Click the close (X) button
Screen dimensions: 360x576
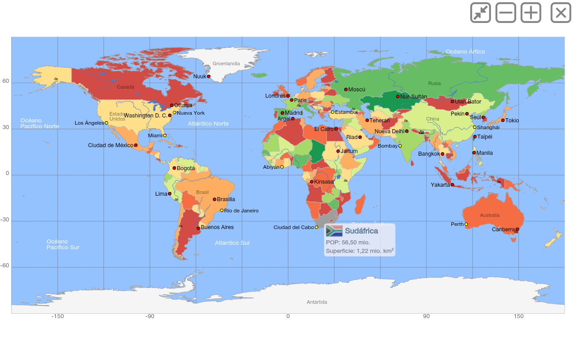point(561,13)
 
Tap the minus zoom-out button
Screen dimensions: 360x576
point(506,13)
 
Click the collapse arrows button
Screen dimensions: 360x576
point(481,13)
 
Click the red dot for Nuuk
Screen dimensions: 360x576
point(209,76)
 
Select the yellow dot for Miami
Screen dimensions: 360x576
point(165,135)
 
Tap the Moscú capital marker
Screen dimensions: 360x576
point(346,90)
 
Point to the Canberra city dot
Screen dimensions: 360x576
point(517,229)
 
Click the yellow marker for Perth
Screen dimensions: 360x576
point(466,224)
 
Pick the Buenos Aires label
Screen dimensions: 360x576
point(217,227)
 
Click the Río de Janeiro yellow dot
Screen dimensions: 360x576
point(222,210)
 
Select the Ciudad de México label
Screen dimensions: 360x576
point(111,145)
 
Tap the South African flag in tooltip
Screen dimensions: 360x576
point(334,231)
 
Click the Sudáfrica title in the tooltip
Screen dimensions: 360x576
point(361,231)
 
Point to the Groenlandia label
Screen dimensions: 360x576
point(226,64)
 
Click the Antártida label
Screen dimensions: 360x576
point(317,302)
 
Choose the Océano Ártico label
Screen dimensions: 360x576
point(465,52)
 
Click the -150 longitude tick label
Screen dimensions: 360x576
point(58,316)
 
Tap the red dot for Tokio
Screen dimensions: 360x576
point(503,120)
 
